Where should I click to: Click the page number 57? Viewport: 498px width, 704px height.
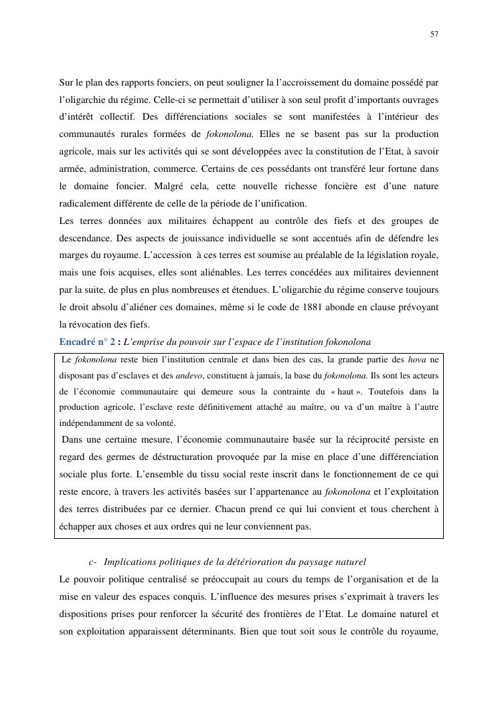click(434, 34)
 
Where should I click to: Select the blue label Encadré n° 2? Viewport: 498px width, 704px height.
click(87, 342)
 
